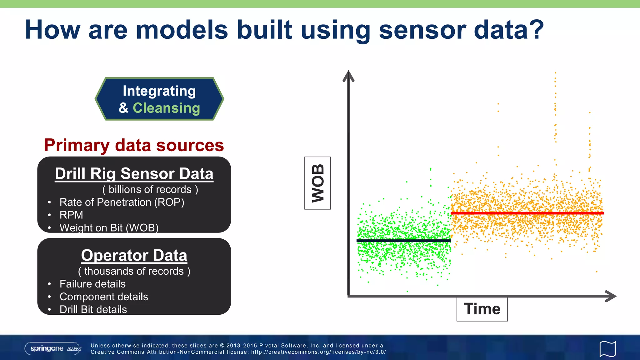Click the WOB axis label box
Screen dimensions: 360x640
317,183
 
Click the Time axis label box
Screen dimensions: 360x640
482,309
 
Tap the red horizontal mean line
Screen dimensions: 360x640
527,213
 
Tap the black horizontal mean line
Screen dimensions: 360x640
403,241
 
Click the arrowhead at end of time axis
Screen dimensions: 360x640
611,296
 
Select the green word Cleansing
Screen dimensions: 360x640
166,108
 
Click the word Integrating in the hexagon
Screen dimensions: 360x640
159,91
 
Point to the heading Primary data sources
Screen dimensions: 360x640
134,145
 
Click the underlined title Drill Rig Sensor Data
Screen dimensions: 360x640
134,174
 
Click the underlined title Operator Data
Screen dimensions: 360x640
134,255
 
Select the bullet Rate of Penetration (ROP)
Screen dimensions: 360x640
122,202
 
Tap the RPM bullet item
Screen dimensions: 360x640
71,215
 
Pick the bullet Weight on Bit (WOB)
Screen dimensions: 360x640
109,227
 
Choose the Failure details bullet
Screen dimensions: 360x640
92,284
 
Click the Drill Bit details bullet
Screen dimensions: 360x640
93,309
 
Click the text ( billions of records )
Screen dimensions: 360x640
150,189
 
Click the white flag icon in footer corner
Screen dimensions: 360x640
607,349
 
